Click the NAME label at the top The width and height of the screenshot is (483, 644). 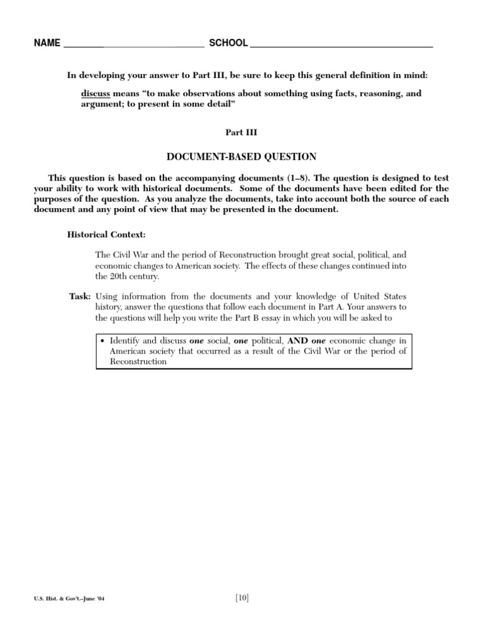click(48, 43)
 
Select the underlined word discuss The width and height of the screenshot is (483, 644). click(96, 93)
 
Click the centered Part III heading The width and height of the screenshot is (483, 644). click(241, 133)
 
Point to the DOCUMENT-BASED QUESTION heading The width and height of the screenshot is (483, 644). click(241, 156)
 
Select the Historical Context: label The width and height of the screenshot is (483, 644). click(106, 234)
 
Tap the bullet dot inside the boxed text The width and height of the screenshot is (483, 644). click(103, 340)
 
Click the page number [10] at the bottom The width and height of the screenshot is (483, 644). click(241, 598)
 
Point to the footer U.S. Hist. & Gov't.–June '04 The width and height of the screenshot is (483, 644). click(70, 599)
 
